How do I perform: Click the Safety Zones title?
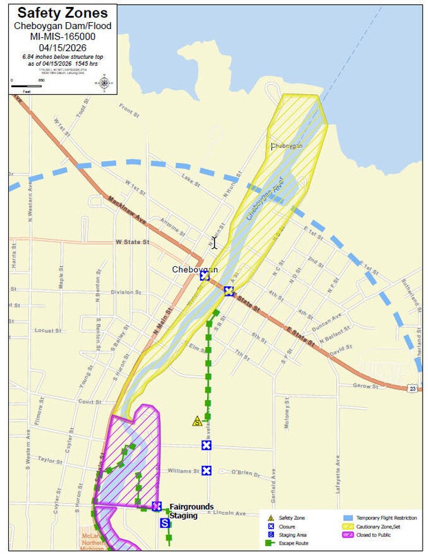(x=62, y=14)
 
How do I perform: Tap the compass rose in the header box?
(x=104, y=84)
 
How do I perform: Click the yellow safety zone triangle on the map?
(x=197, y=420)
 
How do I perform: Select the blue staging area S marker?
(x=165, y=523)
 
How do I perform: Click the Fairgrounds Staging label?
(x=191, y=511)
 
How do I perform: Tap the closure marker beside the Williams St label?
(x=206, y=471)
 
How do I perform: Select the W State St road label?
(x=132, y=242)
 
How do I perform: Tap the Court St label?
(x=90, y=401)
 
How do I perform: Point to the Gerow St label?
(x=365, y=386)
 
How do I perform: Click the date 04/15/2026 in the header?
(x=62, y=46)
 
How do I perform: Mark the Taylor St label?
(x=50, y=459)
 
